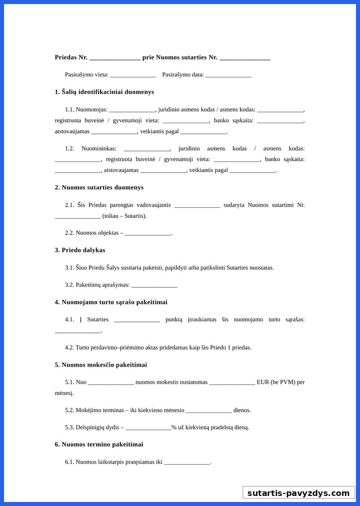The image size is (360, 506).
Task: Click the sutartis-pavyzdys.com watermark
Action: point(298,493)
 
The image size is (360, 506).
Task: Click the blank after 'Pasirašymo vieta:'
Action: point(133,75)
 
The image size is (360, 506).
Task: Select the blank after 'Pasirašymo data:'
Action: point(228,75)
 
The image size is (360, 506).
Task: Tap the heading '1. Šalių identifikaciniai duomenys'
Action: point(104,92)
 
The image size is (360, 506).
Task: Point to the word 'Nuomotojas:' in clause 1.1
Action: point(92,109)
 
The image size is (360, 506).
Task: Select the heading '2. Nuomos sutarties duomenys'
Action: point(99,188)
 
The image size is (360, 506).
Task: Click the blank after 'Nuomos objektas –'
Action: point(148,233)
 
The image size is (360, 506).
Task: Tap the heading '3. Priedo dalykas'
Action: point(80,250)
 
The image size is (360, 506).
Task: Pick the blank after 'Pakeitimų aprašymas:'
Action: point(154,285)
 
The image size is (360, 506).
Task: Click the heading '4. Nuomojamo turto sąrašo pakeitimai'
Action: point(111,302)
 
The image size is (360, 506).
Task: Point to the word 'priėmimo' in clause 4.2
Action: point(134,348)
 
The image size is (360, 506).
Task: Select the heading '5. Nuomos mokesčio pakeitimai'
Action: point(101,365)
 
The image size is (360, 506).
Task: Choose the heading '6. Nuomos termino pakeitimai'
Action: point(99,445)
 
